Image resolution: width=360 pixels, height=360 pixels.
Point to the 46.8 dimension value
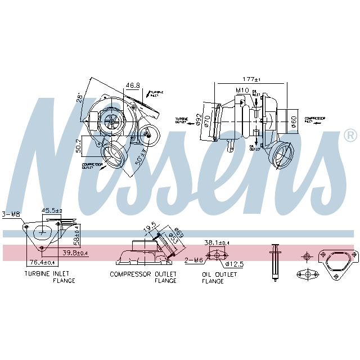point(133,85)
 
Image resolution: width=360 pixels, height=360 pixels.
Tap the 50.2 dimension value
point(80,146)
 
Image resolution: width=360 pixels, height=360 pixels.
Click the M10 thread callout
point(242,91)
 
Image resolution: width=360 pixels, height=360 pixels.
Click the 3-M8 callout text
point(11,214)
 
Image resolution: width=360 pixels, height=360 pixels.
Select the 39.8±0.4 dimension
point(75,253)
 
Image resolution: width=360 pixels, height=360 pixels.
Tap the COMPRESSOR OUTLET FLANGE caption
point(143,277)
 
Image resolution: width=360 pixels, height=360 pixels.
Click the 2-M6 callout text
point(193,260)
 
